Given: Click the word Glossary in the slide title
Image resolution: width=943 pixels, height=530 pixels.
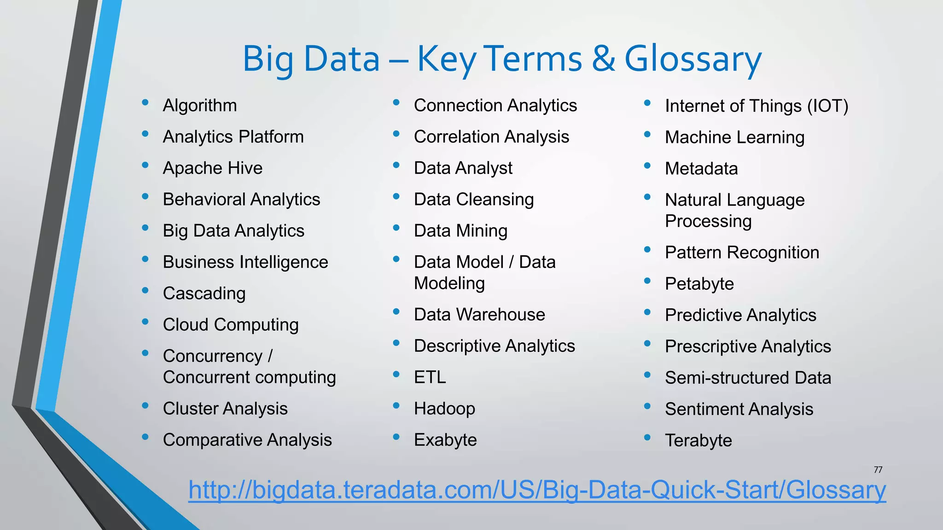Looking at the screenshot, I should pos(693,60).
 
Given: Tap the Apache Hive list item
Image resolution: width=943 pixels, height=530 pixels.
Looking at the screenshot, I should pos(212,168).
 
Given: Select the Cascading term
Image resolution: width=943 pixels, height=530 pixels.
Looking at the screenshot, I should pos(204,294).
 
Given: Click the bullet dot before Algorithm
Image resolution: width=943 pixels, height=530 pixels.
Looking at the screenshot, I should pos(146,103).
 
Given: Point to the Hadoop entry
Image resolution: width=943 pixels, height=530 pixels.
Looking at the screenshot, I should pos(444,409).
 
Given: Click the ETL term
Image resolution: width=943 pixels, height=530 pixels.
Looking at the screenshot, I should pos(430,377).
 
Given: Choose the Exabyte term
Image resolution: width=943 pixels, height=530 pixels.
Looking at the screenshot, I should pos(445,440).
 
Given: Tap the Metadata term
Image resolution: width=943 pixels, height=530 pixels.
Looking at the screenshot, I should pos(701,169).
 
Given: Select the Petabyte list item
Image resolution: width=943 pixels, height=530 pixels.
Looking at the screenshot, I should pos(699,284).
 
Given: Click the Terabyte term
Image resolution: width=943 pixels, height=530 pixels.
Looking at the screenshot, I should pos(698,441).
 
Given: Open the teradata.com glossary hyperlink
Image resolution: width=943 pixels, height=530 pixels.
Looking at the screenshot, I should pos(537,490).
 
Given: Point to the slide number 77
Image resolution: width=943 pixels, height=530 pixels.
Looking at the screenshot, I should pos(878,470).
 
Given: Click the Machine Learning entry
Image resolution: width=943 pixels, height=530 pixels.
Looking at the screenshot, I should pos(734,138).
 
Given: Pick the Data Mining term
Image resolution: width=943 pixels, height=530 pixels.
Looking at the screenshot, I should pos(460,231).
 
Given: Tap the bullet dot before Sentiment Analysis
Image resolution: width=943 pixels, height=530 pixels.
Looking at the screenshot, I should pos(647,406).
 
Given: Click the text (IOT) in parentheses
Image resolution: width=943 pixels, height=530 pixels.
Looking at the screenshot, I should pos(827,106).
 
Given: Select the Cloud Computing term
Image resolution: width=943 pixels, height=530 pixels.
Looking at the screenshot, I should pos(231,325).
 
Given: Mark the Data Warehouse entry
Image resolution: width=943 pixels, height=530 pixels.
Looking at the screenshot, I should pos(479,315).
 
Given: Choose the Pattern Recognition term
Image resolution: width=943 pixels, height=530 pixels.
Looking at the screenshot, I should pos(742,253).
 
